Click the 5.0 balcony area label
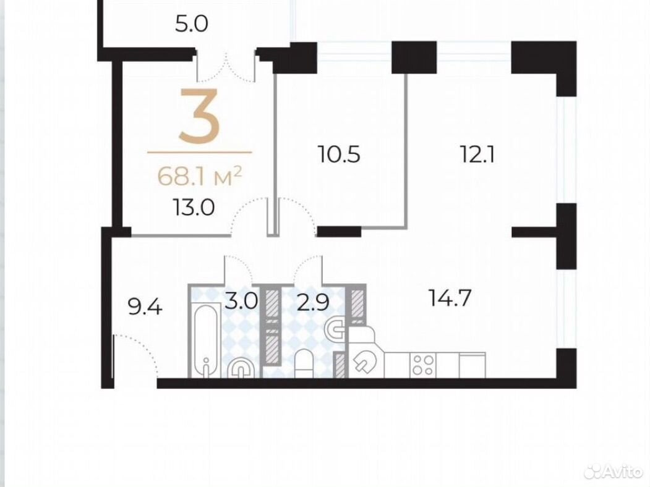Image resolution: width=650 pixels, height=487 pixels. [191, 25]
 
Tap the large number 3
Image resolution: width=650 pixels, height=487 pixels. [199, 116]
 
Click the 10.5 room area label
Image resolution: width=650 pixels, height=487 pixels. [339, 155]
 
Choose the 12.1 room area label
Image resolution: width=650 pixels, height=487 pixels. [477, 155]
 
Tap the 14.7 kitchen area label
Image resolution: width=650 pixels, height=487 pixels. [450, 298]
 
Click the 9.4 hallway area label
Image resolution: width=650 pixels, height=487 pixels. [145, 308]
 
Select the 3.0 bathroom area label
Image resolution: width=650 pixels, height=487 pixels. [241, 301]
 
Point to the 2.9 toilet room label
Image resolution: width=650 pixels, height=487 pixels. [313, 303]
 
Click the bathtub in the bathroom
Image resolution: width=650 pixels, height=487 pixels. [207, 339]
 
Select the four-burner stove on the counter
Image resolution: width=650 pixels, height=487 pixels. [423, 365]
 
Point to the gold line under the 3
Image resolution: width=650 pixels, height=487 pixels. [199, 153]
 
